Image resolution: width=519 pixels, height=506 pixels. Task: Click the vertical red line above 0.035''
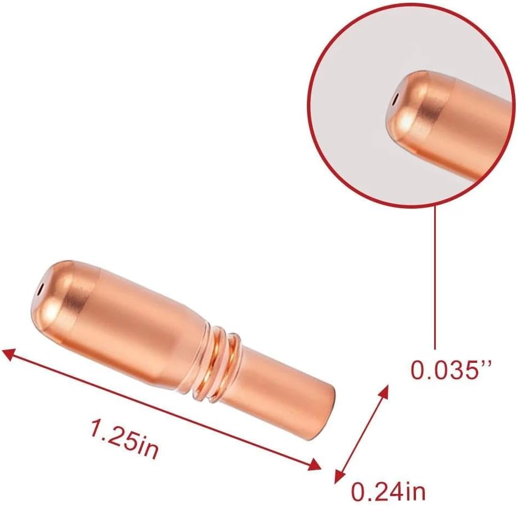pyautogui.click(x=435, y=275)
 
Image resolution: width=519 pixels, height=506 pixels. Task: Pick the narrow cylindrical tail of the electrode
pyautogui.click(x=281, y=394)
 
